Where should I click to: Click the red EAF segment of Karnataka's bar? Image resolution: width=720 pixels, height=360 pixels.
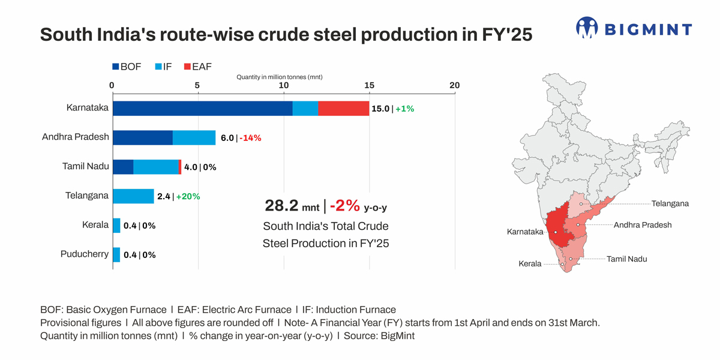point(343,109)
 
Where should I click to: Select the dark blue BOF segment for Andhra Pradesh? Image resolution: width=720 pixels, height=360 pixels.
point(143,137)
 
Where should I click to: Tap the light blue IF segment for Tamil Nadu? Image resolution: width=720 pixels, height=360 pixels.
point(156,167)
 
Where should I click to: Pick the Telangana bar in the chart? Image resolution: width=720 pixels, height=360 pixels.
point(133,196)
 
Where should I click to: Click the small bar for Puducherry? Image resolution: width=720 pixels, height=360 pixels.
point(116,254)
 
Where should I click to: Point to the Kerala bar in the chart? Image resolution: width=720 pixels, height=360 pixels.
point(116,225)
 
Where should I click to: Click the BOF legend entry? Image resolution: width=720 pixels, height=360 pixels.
point(127,67)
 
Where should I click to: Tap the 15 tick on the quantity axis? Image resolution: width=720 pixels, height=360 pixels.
point(369,86)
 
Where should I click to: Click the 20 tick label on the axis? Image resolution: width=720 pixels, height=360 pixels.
point(454,86)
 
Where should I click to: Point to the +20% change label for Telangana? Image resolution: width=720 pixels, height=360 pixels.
point(188,196)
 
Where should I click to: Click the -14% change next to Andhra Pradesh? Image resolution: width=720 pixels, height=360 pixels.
point(250,138)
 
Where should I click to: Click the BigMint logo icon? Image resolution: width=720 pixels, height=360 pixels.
point(587,28)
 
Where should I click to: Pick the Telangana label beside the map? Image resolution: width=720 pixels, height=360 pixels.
point(670,204)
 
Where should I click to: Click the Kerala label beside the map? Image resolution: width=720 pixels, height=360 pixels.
point(530,264)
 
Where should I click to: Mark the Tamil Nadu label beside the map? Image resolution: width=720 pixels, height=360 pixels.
point(627,259)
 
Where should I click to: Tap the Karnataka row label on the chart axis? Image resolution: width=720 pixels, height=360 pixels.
point(88,108)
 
